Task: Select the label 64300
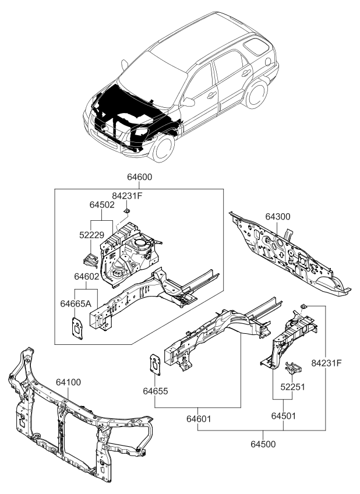click(278, 217)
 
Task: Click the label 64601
click(199, 418)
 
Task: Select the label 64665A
click(75, 303)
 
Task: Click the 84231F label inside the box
click(127, 196)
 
